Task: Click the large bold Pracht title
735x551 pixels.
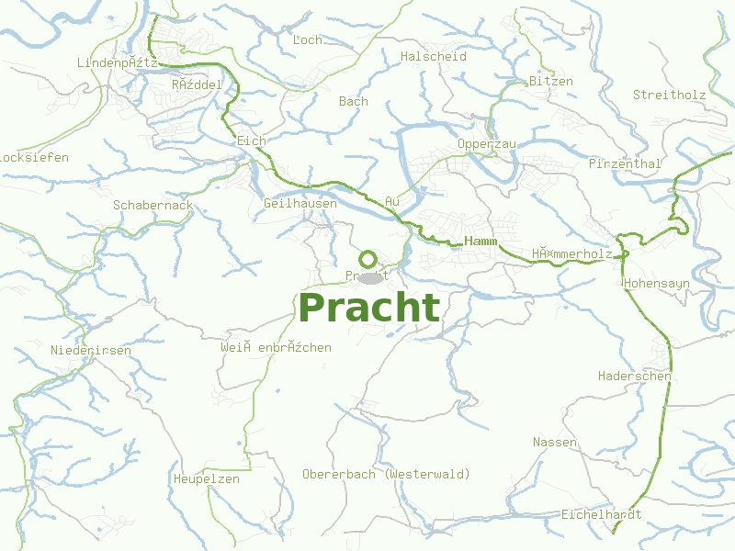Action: pos(369,309)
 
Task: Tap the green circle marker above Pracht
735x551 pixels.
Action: pos(368,259)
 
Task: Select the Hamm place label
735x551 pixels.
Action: pos(481,241)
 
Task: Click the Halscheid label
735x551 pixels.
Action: pos(434,56)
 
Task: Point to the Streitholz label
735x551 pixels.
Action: pos(669,95)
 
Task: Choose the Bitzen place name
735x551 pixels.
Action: pos(550,81)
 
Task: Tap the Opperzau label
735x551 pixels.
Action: pos(487,144)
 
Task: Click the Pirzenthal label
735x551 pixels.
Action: pos(625,163)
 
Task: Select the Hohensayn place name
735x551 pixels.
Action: pos(656,284)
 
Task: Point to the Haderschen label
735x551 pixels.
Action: pos(635,376)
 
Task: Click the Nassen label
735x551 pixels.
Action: pos(555,442)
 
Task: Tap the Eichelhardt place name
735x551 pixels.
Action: pos(601,514)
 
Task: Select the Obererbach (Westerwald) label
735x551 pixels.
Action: pos(386,474)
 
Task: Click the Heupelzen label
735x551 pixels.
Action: pos(206,478)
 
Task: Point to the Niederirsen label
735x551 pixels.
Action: pos(91,350)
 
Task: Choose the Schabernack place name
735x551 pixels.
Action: pos(153,205)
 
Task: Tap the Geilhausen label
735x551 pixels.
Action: pos(300,202)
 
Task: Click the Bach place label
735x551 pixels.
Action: pos(354,101)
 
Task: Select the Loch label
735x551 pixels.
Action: pos(307,39)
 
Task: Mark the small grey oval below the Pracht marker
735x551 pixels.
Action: pos(369,277)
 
